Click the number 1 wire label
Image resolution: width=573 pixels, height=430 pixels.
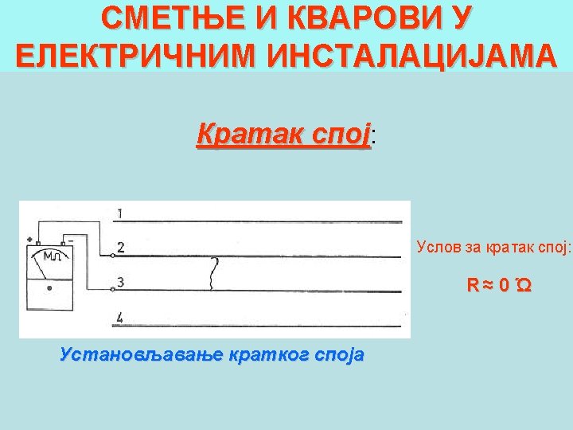click(119, 213)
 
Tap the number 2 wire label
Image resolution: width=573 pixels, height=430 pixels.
click(120, 248)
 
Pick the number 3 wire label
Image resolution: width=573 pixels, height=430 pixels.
click(120, 282)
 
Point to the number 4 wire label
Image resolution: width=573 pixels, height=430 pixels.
click(119, 318)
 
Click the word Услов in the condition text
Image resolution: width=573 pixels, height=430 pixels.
click(436, 247)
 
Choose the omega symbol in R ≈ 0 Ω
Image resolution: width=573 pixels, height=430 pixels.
click(523, 284)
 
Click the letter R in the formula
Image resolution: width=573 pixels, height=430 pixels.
click(472, 284)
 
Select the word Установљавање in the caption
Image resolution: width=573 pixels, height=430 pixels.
click(136, 354)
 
